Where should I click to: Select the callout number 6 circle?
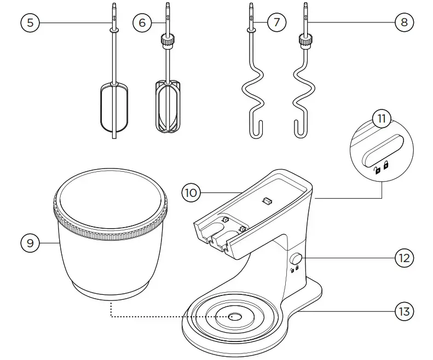pos(142,22)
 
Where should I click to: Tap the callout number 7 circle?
pos(277,22)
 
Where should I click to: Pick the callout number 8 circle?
pos(404,22)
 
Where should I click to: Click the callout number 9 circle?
pos(31,243)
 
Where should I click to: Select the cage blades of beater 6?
pos(168,106)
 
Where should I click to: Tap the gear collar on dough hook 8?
pos(305,40)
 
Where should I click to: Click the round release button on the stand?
pos(298,259)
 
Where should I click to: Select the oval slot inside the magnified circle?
pos(383,149)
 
